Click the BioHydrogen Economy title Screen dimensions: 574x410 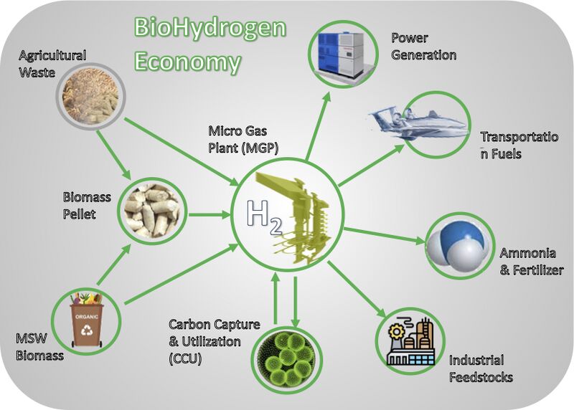click(210, 44)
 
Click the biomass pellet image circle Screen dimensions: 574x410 click(152, 211)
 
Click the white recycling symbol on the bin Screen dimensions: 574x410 click(88, 330)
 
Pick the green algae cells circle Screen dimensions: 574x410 click(287, 359)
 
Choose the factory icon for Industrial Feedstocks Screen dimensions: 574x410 click(410, 341)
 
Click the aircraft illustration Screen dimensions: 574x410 click(419, 123)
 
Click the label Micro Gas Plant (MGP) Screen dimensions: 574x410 click(243, 139)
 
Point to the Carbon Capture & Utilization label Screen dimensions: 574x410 click(214, 342)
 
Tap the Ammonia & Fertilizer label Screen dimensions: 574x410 click(531, 262)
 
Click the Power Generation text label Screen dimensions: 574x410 click(423, 47)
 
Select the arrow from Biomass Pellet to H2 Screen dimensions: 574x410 click(210, 214)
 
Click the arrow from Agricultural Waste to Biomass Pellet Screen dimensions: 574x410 click(114, 155)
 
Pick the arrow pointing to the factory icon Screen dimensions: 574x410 click(357, 289)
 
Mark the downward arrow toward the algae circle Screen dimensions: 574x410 click(296, 301)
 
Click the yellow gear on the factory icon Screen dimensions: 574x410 click(397, 332)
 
